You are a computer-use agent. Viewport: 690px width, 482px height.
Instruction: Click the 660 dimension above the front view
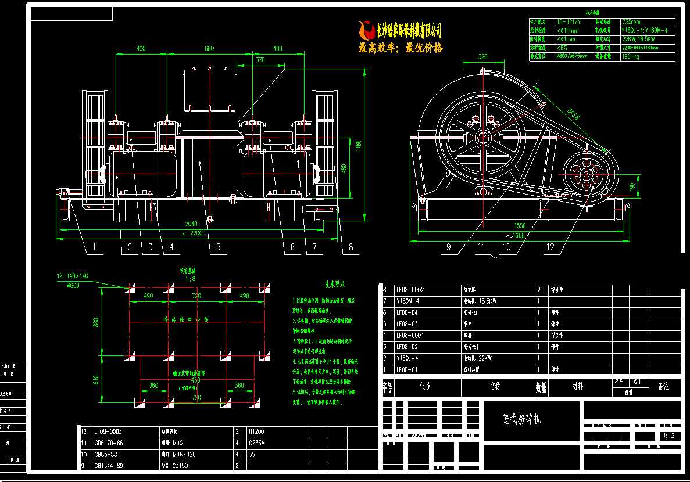[209, 49]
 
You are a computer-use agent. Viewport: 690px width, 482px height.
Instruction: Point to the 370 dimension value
[260, 59]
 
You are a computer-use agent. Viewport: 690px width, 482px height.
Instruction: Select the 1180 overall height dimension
[360, 143]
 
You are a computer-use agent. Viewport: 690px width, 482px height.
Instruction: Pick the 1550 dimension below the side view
[520, 226]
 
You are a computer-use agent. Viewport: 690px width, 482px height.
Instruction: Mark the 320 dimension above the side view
[482, 57]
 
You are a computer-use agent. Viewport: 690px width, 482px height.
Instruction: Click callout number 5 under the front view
[218, 247]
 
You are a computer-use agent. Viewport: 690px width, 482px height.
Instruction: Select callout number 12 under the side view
[550, 247]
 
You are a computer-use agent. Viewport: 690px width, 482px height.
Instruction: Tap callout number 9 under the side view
[448, 247]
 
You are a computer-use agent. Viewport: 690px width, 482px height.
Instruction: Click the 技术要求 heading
[335, 285]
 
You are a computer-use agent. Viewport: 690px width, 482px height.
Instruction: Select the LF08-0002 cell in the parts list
[410, 289]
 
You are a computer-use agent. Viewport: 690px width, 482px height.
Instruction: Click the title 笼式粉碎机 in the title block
[521, 419]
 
